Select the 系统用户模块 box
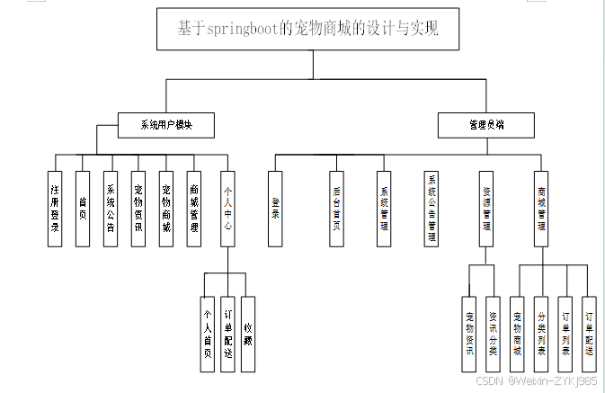pos(166,125)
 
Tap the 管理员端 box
pos(485,125)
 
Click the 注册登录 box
pos(55,208)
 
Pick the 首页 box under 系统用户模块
pos(83,208)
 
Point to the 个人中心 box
pos(227,208)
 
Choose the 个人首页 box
pos(208,334)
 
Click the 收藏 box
pos(248,334)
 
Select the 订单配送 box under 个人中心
pos(227,334)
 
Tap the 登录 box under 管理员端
pos(275,208)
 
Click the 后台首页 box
pos(335,208)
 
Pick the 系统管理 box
pos(384,208)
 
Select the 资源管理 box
pos(485,208)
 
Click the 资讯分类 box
pos(492,334)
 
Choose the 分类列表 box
pos(540,334)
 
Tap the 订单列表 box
pos(565,334)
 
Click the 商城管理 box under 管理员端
pos(540,208)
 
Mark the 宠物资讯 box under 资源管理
pos(468,334)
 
